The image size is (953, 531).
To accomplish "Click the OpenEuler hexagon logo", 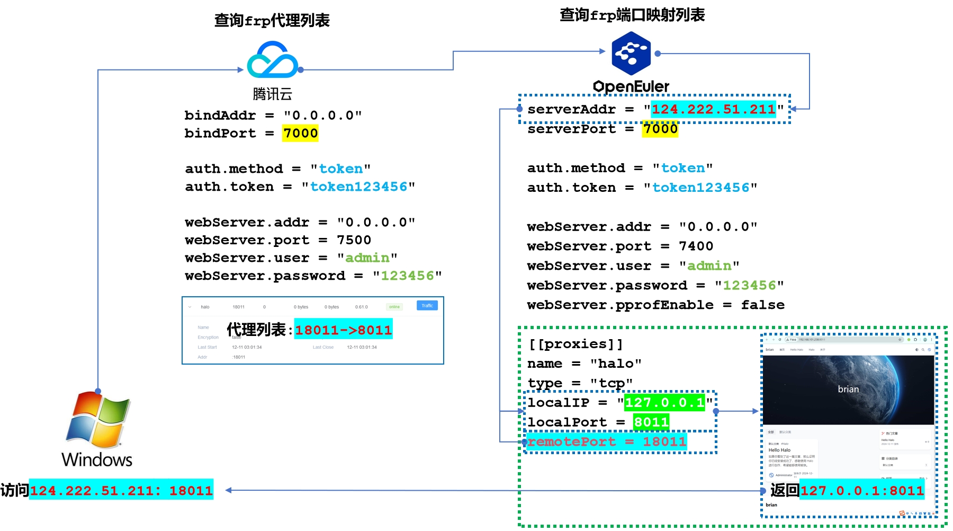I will click(631, 53).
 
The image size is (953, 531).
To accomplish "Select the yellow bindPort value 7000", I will click(300, 133).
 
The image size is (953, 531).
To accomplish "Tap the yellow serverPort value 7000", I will click(660, 129).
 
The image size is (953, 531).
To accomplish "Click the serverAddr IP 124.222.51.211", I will click(713, 109).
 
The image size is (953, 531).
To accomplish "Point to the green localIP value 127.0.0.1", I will click(664, 403).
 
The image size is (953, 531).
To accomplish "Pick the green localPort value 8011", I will click(651, 422).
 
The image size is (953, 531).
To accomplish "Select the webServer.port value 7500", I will click(354, 240).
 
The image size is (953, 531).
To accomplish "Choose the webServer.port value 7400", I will click(696, 246).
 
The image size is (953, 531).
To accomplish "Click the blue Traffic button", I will click(427, 306).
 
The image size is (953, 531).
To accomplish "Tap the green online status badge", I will click(394, 307).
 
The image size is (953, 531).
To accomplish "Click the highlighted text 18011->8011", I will click(343, 330).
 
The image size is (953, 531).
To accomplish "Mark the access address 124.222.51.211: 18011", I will click(121, 491).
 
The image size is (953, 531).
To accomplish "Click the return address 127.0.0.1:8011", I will click(862, 491).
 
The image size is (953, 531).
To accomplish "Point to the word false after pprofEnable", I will click(762, 305).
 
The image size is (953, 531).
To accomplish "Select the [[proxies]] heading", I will click(576, 344).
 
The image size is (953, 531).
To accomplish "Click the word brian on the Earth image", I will click(848, 390).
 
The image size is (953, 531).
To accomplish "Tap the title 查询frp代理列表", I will click(272, 20).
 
